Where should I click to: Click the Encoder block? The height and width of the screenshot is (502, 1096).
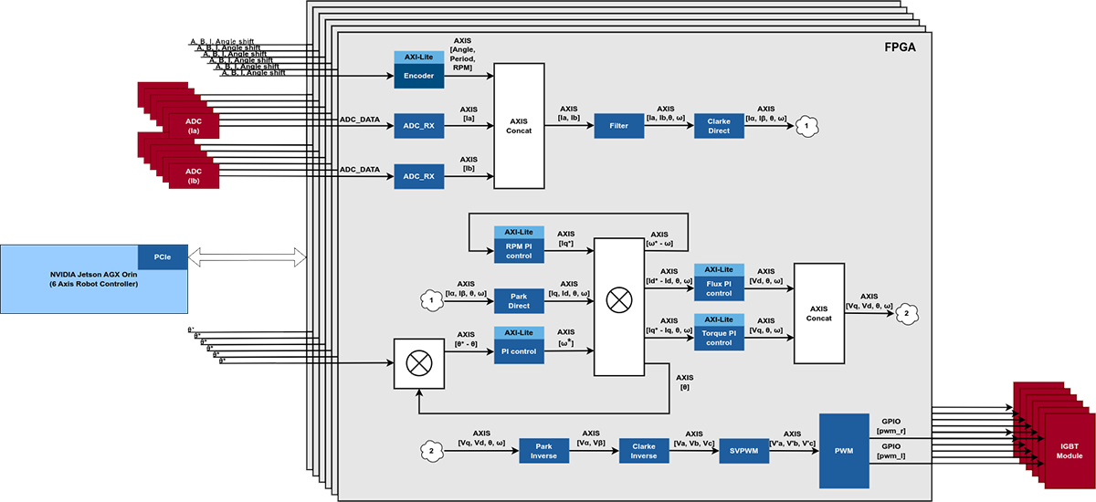[418, 76]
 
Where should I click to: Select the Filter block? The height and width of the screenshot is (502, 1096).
[618, 126]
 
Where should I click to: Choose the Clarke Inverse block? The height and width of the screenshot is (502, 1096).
[644, 451]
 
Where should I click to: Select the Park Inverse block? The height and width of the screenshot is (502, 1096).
[544, 451]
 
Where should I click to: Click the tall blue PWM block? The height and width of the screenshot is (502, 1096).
[842, 450]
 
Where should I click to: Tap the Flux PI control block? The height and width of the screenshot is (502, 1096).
[719, 288]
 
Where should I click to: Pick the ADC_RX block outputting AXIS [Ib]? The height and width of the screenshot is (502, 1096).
[418, 175]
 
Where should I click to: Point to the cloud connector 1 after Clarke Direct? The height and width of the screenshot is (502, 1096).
[806, 126]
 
